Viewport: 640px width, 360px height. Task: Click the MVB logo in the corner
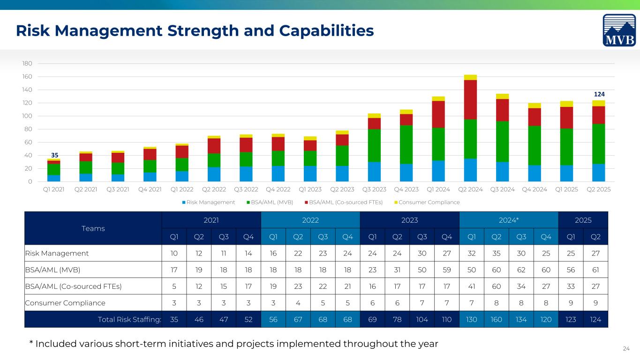[x=619, y=30]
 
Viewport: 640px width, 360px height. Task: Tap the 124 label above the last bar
[x=598, y=95]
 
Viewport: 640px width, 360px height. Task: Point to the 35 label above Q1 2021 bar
[x=54, y=155]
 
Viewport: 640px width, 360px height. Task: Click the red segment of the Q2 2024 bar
[x=470, y=100]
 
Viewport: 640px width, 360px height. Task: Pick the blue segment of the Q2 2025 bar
[x=598, y=172]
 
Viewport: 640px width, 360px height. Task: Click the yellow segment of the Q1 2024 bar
[x=438, y=98]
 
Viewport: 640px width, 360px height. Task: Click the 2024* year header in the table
[x=509, y=219]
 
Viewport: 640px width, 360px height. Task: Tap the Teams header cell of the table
[x=93, y=228]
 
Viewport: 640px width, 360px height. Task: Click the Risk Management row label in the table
[x=57, y=253]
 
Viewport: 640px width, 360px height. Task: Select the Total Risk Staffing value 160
[x=497, y=319]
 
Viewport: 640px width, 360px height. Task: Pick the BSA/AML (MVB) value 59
[x=447, y=270]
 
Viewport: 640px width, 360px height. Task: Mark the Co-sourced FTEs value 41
[x=472, y=286]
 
